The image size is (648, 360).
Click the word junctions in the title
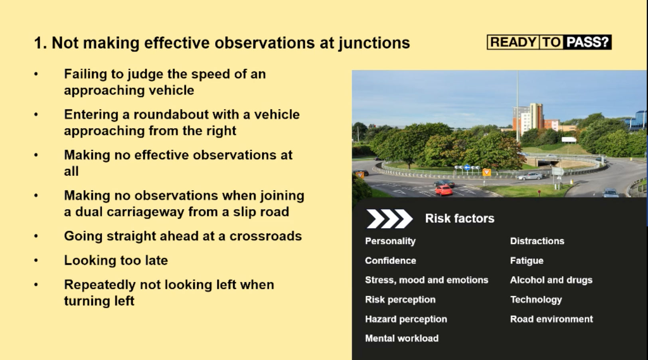374,43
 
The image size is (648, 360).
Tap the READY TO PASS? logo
549,42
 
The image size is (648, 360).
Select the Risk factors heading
459,218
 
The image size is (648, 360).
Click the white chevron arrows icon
389,219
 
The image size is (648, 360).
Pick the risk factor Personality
390,241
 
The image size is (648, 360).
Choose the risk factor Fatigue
526,261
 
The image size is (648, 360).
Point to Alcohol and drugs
551,280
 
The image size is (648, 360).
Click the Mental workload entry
401,338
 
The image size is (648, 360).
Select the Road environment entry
551,319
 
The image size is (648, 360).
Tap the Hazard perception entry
405,319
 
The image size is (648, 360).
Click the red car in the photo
443,190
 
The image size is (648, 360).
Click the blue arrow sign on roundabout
466,168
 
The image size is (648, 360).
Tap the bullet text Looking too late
116,260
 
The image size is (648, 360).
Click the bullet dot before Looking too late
36,260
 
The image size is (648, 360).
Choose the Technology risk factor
535,300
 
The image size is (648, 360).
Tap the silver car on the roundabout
529,176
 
